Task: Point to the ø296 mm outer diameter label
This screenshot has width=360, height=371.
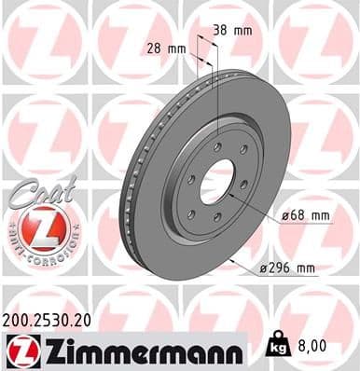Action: (x=288, y=268)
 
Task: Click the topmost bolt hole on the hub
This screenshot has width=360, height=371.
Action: (x=216, y=146)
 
